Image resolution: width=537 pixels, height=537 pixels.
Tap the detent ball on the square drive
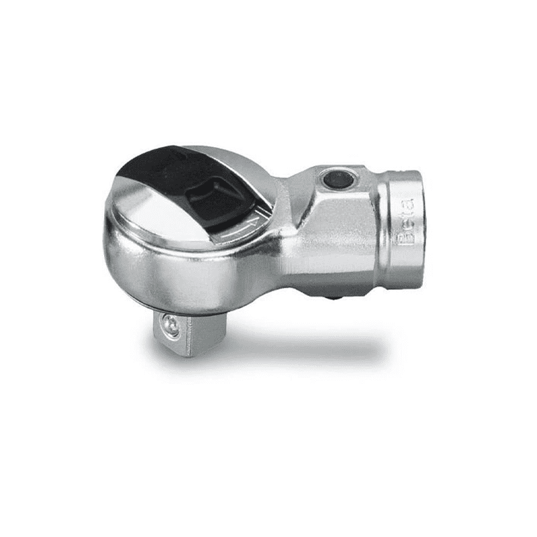click(x=171, y=326)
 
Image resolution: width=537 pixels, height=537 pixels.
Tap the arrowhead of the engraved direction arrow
click(x=254, y=223)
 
